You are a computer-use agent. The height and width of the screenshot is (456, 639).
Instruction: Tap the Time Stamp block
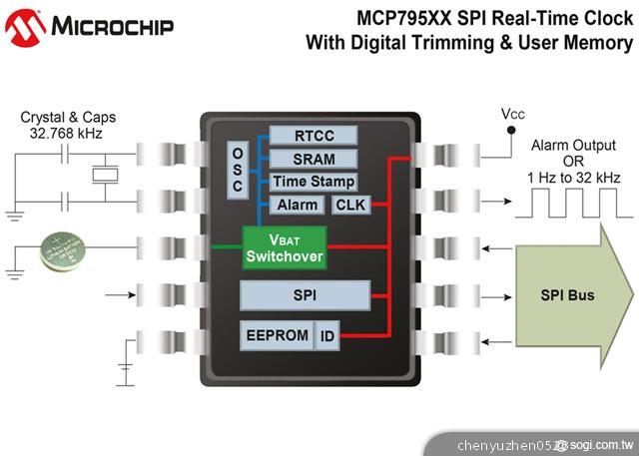tap(314, 182)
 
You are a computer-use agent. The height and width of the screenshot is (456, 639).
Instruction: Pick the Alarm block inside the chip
tap(298, 205)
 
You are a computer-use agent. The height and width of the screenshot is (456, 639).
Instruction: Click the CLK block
tap(349, 205)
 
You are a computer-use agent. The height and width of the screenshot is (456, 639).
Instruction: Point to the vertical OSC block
tap(238, 173)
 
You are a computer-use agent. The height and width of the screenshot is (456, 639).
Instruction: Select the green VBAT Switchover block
tap(285, 247)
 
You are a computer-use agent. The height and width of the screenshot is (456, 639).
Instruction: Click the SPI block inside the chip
tap(305, 294)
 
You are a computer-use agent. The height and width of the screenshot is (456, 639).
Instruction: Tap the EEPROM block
tap(278, 335)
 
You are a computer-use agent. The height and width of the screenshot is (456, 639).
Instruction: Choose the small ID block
tap(327, 336)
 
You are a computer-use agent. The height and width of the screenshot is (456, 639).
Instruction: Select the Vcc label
tap(512, 115)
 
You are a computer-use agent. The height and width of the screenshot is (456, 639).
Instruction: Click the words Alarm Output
tap(571, 145)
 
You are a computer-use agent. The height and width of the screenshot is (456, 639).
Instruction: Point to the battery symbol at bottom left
tap(125, 372)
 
